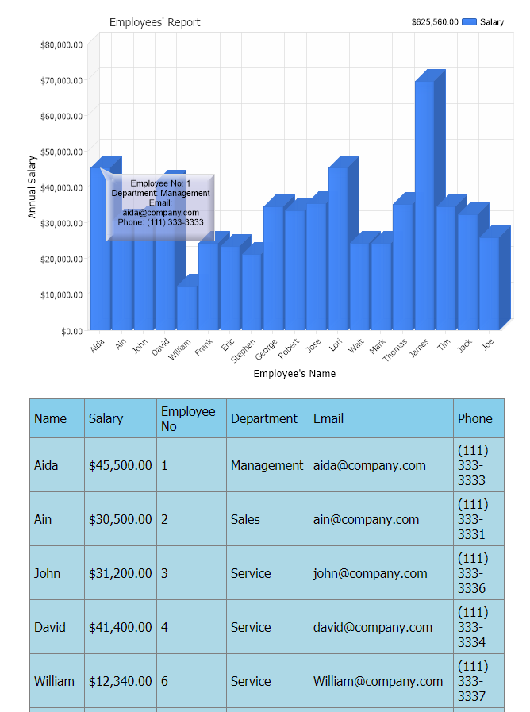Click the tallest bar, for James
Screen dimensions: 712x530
click(424, 206)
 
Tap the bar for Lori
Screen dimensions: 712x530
click(338, 246)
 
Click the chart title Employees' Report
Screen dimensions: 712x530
click(155, 22)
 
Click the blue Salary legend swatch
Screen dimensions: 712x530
click(468, 22)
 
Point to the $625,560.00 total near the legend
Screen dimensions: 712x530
click(435, 22)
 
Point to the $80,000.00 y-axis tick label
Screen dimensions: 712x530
click(61, 44)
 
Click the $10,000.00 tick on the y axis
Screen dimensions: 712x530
click(61, 294)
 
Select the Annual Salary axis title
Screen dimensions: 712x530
click(33, 186)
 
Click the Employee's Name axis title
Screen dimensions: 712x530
click(294, 374)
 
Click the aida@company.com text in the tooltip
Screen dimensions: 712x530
click(160, 213)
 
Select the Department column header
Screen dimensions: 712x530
click(264, 418)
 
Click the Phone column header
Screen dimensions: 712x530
click(474, 418)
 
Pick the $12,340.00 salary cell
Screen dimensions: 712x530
click(120, 681)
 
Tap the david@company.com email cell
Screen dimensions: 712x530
click(373, 627)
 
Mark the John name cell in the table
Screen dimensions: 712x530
click(47, 573)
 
